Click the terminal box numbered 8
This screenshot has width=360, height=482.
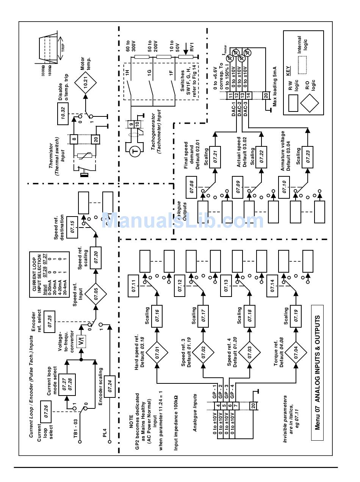coord(74,139)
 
